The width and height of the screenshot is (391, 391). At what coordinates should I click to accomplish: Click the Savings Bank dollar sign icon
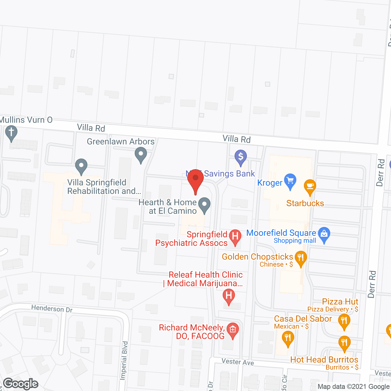click(x=241, y=157)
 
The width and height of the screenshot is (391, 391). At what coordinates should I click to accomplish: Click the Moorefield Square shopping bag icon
click(x=324, y=234)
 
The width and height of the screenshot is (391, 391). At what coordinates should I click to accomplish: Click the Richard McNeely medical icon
click(x=233, y=330)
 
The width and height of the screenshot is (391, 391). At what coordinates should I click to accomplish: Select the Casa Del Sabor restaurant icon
click(x=288, y=338)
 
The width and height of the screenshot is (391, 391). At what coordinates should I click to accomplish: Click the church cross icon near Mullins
click(x=11, y=133)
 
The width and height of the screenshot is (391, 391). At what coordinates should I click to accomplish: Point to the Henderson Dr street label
click(x=52, y=309)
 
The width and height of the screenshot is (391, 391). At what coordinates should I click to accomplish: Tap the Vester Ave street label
click(x=238, y=362)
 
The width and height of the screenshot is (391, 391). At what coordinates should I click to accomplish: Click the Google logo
click(x=21, y=384)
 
